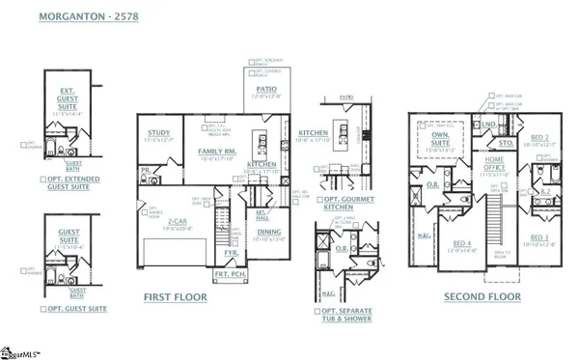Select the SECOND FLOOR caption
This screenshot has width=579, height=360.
pyautogui.click(x=482, y=297)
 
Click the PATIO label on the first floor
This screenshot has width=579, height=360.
pyautogui.click(x=266, y=89)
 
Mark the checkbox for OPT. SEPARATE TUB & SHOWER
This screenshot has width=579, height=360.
pyautogui.click(x=317, y=311)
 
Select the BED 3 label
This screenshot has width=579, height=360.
pyautogui.click(x=539, y=236)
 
